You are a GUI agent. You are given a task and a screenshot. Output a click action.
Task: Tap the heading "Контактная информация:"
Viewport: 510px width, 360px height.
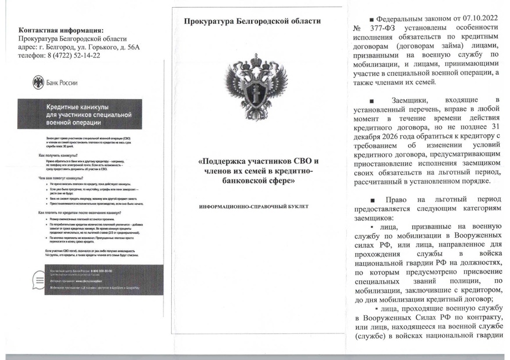tap(60, 30)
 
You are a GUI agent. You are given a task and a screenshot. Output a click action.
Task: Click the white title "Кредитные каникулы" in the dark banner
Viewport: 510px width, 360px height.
tap(76, 106)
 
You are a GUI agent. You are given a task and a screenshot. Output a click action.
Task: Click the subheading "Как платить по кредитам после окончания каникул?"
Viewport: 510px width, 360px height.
tap(83, 213)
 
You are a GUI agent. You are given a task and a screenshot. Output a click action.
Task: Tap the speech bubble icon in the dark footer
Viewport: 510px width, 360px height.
tap(38, 280)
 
